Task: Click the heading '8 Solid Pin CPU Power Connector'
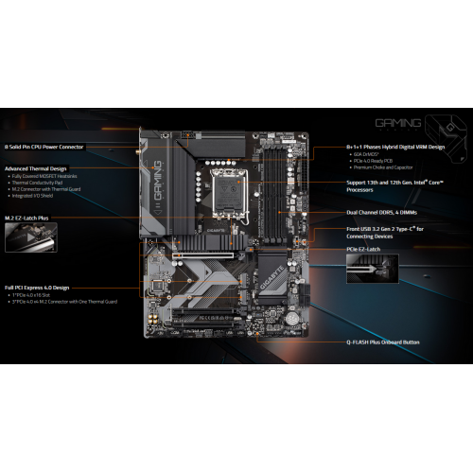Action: pyautogui.click(x=44, y=147)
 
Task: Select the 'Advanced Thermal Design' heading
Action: pyautogui.click(x=37, y=166)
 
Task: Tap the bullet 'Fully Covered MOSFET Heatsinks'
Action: pyautogui.click(x=43, y=176)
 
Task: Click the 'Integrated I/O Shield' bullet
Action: pyautogui.click(x=32, y=196)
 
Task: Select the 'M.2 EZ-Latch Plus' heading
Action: pyautogui.click(x=27, y=218)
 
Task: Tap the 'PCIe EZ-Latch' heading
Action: pyautogui.click(x=363, y=249)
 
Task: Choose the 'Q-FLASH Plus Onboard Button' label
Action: pyautogui.click(x=383, y=342)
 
